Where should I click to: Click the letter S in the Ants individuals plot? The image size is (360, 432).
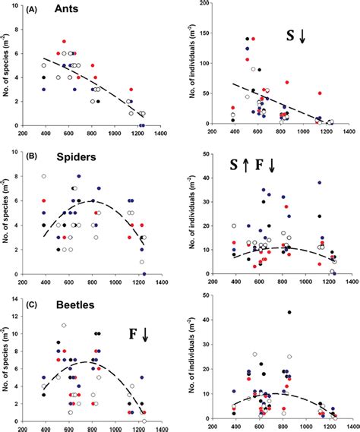(289, 35)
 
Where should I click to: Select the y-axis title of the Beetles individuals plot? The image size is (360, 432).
(200, 357)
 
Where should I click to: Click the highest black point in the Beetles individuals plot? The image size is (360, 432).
(289, 312)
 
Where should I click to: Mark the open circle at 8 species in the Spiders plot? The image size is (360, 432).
(44, 176)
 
